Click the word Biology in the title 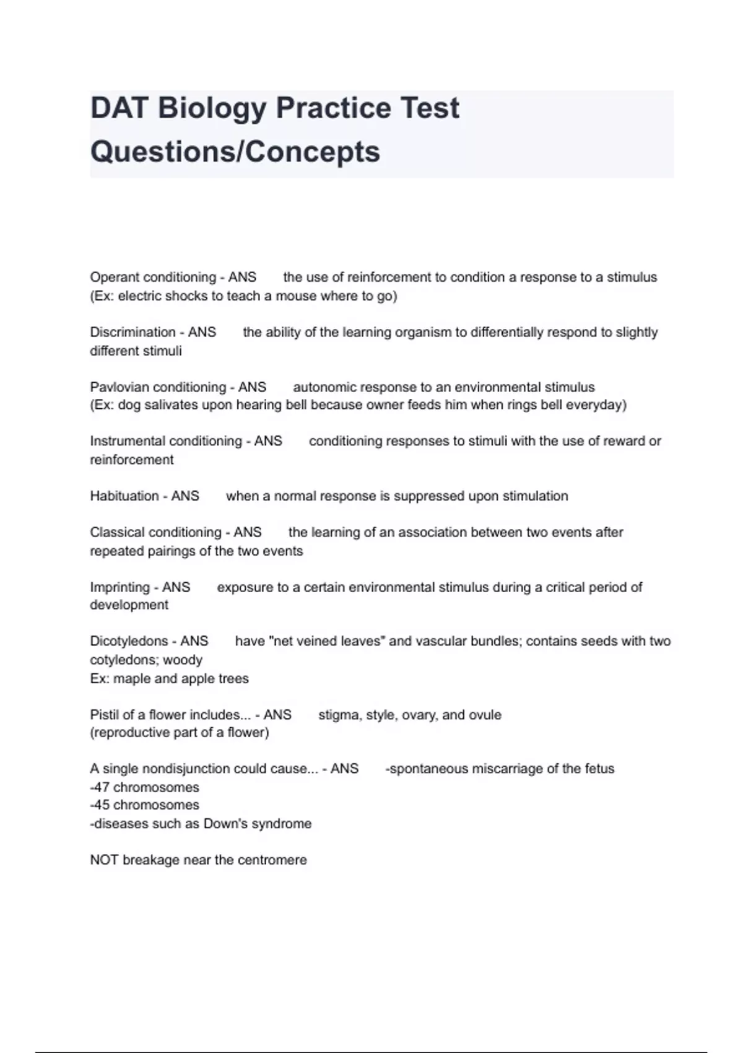[x=212, y=109]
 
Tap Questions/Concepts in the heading [x=235, y=152]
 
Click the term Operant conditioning [x=153, y=277]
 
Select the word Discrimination [x=133, y=332]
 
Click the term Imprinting [x=119, y=587]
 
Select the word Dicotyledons [x=129, y=641]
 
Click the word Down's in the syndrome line [x=225, y=824]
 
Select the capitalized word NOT [x=104, y=860]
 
